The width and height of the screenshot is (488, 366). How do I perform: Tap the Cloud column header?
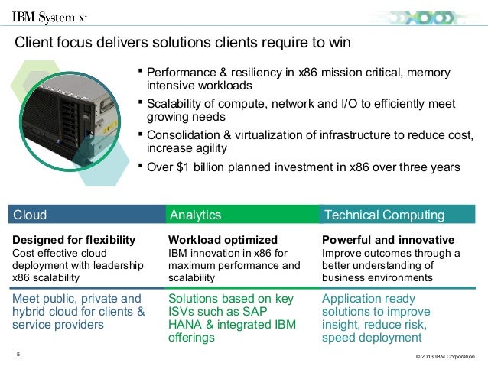click(x=31, y=215)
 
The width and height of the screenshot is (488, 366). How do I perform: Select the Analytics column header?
click(x=195, y=215)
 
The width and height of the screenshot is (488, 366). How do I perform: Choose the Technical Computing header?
click(x=383, y=215)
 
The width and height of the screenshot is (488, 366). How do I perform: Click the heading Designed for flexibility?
click(x=74, y=239)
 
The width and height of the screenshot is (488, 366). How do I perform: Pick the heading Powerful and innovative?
click(x=388, y=239)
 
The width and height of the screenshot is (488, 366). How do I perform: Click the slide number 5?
click(x=18, y=353)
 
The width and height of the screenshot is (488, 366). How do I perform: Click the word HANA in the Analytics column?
click(x=185, y=324)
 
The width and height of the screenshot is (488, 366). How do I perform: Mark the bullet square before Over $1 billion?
click(x=140, y=164)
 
